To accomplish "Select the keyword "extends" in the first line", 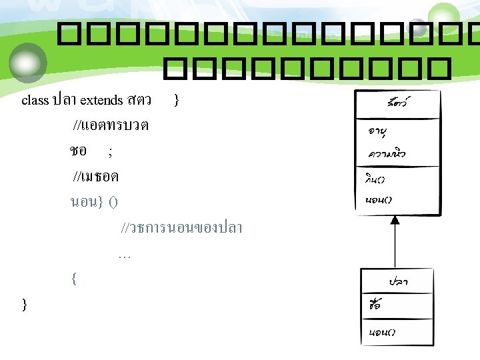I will tap(101, 101).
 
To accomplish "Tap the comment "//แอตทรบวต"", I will tap(111, 125).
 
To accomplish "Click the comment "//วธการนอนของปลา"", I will tap(181, 228).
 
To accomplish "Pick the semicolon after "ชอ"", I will tap(110, 152).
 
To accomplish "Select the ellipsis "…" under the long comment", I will tap(124, 254).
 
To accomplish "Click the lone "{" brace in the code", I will tap(73, 279).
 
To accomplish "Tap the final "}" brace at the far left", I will tap(25, 305).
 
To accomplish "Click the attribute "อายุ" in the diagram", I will tap(381, 131).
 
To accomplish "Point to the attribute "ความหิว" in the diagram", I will tap(387, 154).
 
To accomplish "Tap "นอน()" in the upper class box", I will tap(379, 199).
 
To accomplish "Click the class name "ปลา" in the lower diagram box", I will tap(398, 281).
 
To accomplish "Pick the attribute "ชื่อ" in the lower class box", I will tap(375, 306).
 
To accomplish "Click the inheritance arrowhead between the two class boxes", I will tap(395, 220).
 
